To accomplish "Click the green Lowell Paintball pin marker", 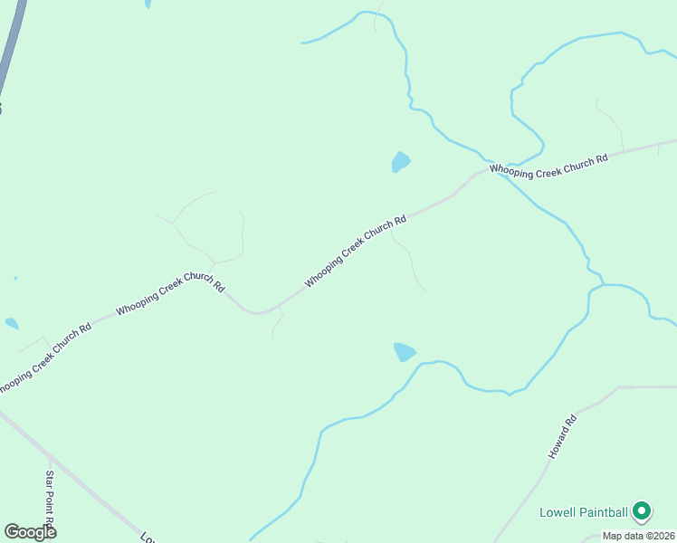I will (x=642, y=511).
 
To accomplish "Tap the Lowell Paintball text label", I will (x=584, y=512).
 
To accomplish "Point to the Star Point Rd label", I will (x=51, y=500).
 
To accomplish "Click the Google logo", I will (x=30, y=532).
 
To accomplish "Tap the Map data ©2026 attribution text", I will (x=638, y=536).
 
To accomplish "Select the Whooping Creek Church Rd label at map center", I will (x=355, y=252).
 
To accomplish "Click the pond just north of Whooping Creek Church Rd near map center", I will (x=400, y=162).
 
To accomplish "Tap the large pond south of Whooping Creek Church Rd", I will (x=404, y=352).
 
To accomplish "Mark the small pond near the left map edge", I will (x=12, y=323).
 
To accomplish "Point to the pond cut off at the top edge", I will (x=148, y=4).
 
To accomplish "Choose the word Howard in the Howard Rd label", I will (x=558, y=443).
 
